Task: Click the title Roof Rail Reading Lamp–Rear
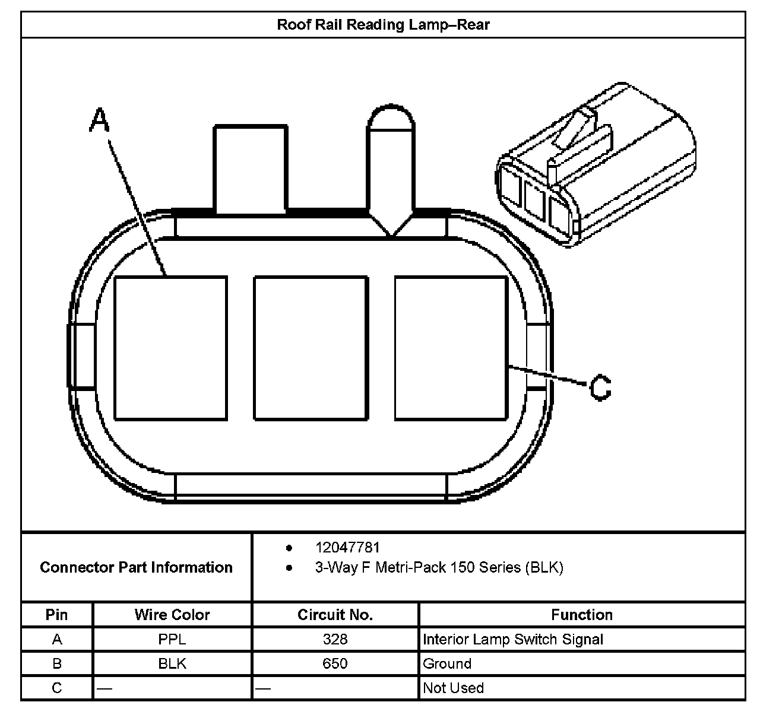pos(383,25)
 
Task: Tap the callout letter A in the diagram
pos(100,120)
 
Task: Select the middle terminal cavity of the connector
pos(311,348)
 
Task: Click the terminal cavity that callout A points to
pos(170,348)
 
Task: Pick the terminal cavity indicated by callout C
pos(451,348)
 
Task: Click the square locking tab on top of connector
pos(251,168)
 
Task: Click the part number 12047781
pos(347,547)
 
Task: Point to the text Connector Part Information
pos(136,567)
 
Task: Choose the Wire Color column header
pos(172,615)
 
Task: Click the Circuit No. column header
pos(335,615)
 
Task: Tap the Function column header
pos(581,615)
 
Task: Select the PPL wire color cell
pos(172,639)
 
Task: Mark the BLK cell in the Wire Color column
pos(172,663)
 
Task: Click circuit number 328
pos(335,639)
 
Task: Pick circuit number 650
pos(335,663)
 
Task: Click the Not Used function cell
pos(453,688)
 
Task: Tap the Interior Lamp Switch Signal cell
pos(512,639)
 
